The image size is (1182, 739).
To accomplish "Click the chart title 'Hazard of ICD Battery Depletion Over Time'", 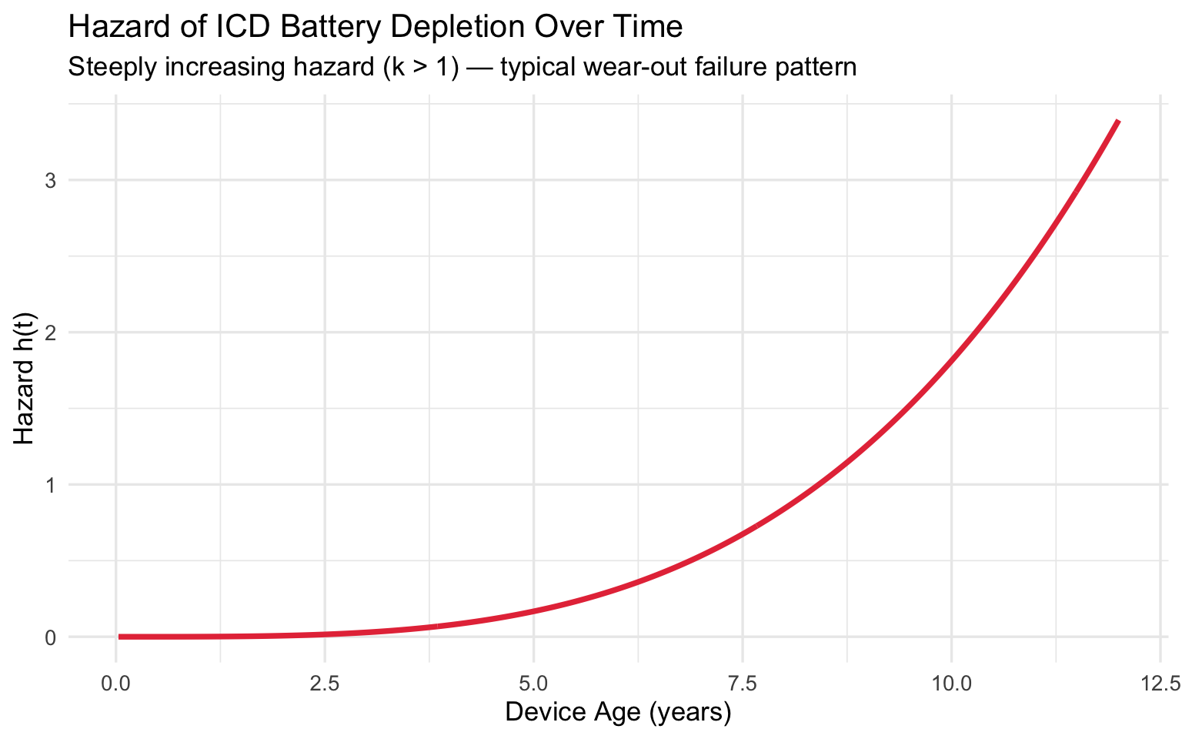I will coord(376,28).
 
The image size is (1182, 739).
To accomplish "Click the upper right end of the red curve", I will coord(1118,122).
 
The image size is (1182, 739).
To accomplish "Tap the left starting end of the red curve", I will coord(120,637).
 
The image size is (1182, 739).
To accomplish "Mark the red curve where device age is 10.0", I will coord(951,359).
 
